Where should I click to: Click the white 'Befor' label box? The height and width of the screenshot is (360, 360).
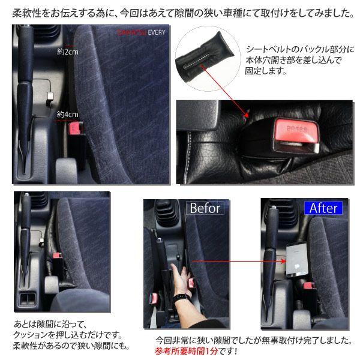pyautogui.click(x=205, y=208)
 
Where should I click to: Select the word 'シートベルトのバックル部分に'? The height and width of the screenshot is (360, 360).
pyautogui.click(x=301, y=49)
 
